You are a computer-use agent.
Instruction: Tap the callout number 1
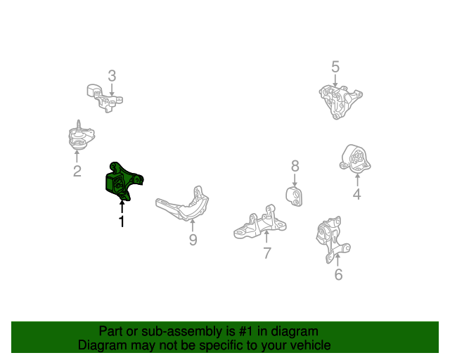tap(122, 221)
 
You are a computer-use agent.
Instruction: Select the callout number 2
tap(77, 172)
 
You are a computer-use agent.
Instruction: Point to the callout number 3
tap(112, 76)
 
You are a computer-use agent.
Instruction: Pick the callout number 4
tap(356, 194)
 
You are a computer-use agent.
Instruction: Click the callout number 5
tap(335, 67)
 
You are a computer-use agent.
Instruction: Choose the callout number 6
tap(339, 274)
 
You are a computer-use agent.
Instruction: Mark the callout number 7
tap(267, 253)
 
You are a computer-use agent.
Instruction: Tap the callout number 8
tap(295, 166)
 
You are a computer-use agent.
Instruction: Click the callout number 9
tap(193, 240)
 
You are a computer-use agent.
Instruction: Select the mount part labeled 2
tap(81, 136)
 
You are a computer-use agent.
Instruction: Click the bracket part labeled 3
tap(104, 98)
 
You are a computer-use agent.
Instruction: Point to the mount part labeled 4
tap(355, 159)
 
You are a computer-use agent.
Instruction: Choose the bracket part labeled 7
tap(259, 224)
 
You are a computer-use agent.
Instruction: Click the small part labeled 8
tap(294, 196)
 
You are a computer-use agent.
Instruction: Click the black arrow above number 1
tap(122, 207)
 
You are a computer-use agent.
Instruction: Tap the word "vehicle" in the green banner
tap(313, 345)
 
